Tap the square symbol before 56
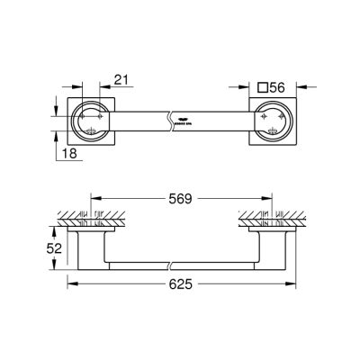[x=263, y=87]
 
